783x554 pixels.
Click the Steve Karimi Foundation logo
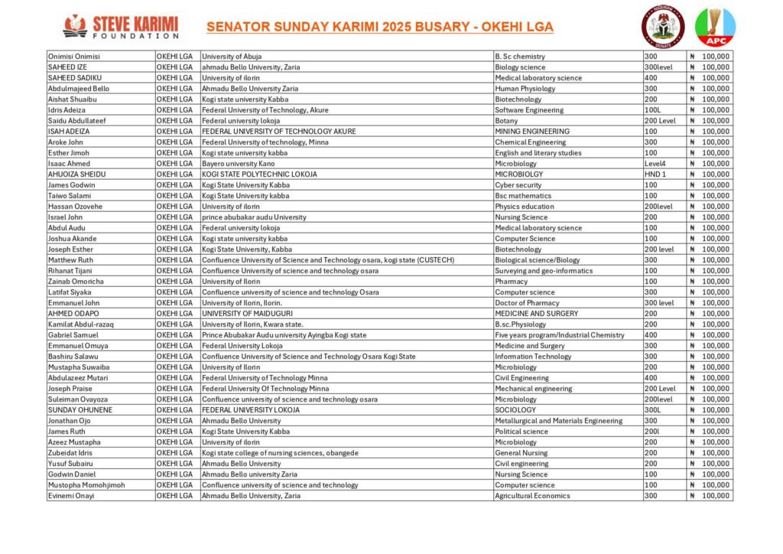(121, 26)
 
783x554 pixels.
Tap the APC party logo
(714, 27)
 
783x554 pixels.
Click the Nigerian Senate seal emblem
(661, 27)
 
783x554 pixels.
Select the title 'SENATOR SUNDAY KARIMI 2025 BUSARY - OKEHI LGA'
(379, 28)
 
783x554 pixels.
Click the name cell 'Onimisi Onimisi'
(74, 57)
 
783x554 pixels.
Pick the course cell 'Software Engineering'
(529, 110)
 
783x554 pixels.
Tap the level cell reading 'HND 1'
(656, 174)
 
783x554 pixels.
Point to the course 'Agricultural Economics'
(532, 496)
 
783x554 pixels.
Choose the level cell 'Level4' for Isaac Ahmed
(656, 164)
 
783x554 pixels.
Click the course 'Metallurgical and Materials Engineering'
(558, 421)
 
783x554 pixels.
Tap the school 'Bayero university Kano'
(238, 164)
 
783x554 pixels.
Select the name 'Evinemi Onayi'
(72, 496)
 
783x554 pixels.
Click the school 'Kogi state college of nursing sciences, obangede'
(280, 453)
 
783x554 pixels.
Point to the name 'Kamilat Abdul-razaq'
(80, 324)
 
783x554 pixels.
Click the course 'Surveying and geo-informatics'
(544, 271)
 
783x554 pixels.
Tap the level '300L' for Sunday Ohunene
(652, 410)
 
